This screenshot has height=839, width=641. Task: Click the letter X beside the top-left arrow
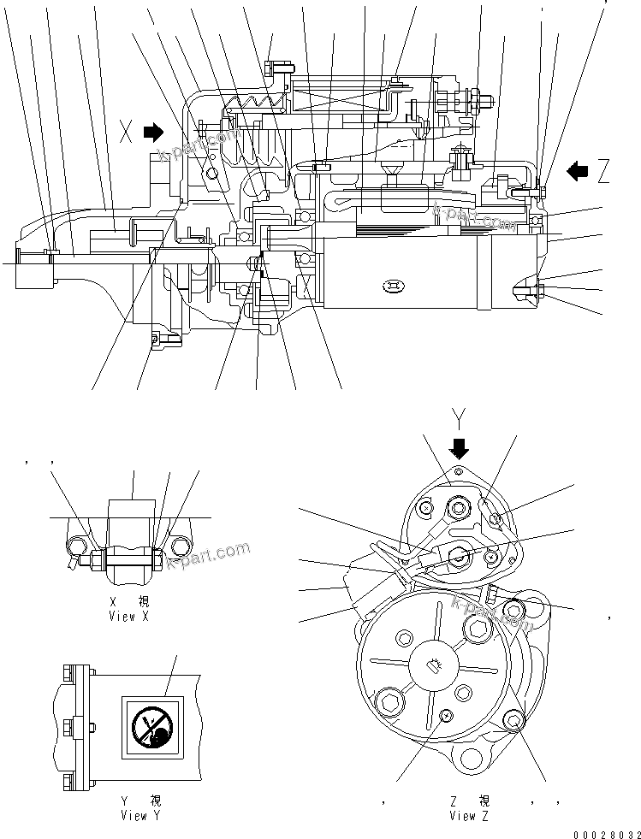tap(127, 132)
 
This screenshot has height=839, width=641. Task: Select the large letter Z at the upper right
tap(604, 172)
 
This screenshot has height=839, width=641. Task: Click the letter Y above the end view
tap(460, 418)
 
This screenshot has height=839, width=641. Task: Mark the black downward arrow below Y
tap(460, 447)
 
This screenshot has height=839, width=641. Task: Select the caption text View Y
tap(140, 815)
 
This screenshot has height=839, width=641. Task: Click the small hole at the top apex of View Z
tap(459, 471)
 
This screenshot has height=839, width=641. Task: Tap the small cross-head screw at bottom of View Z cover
tap(444, 715)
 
